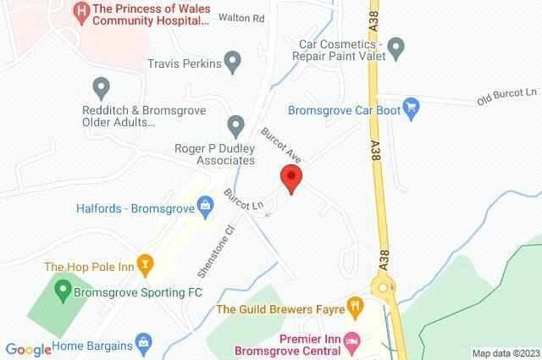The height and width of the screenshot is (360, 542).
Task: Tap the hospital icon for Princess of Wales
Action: click(x=82, y=11)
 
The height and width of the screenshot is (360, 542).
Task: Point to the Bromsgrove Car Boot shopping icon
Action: click(x=412, y=108)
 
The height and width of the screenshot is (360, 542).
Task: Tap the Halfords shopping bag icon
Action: click(x=204, y=204)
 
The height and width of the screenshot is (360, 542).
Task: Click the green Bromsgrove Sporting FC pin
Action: click(x=61, y=292)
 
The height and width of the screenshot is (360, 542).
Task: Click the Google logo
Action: click(x=29, y=349)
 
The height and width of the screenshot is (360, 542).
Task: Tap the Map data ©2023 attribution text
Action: click(x=505, y=353)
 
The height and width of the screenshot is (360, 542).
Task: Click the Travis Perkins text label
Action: click(x=184, y=64)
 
